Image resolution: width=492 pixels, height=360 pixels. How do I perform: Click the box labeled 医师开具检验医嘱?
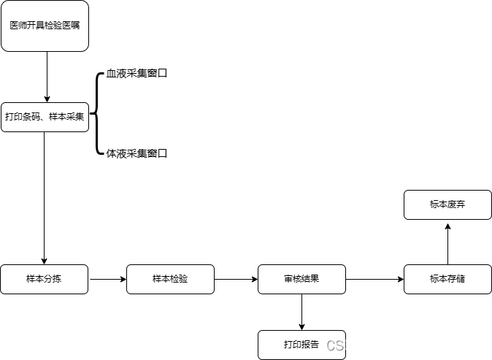click(x=45, y=26)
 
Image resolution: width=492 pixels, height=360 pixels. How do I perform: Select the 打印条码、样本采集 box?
click(x=45, y=117)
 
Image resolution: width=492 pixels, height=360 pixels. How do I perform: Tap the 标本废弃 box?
click(x=447, y=205)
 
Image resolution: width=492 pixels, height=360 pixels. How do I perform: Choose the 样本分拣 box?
click(x=44, y=279)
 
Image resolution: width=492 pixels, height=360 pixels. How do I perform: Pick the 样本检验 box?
click(x=170, y=279)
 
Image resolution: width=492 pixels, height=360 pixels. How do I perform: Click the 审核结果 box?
click(x=301, y=279)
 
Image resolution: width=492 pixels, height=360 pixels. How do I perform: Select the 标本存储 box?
click(x=447, y=279)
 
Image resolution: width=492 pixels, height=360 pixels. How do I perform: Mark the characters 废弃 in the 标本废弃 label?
click(x=456, y=205)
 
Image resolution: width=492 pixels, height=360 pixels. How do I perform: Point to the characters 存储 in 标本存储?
click(x=456, y=279)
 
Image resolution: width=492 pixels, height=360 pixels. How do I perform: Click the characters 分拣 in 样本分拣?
click(x=53, y=279)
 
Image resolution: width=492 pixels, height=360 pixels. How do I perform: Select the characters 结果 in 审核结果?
click(x=310, y=279)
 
